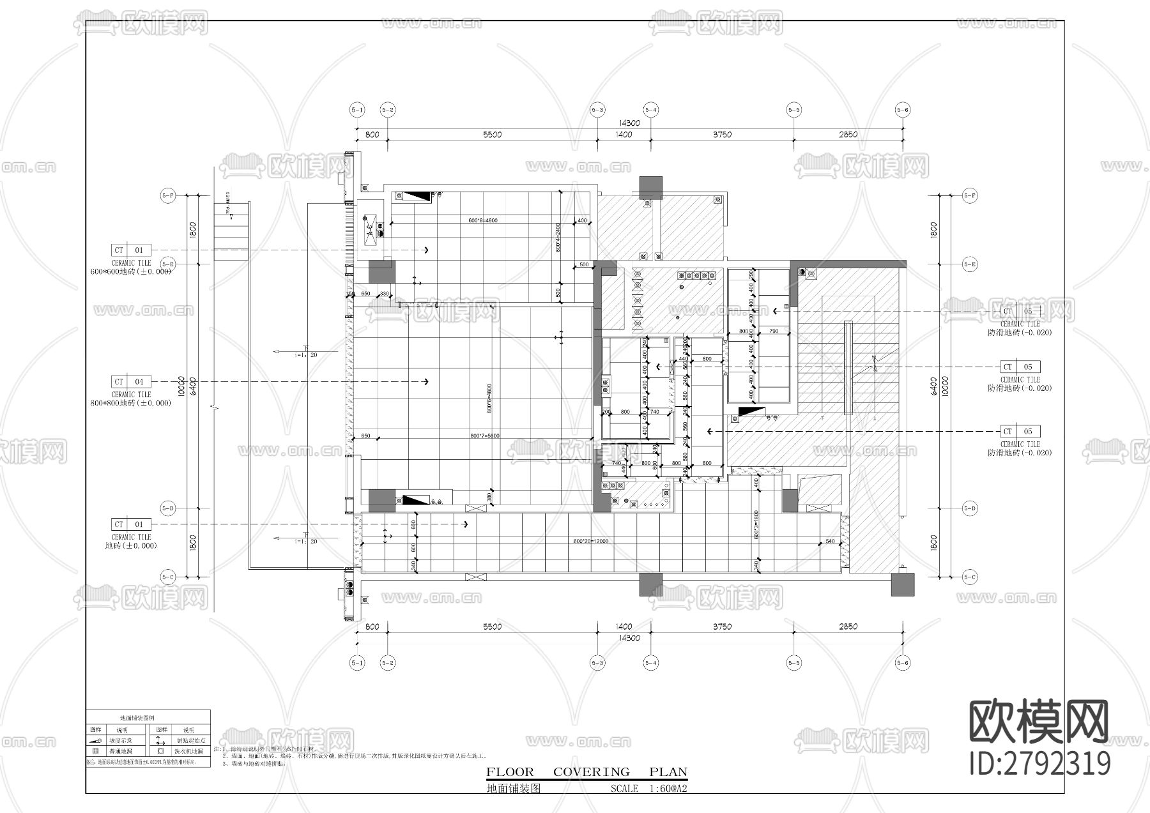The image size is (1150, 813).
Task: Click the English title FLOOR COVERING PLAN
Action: click(x=586, y=771)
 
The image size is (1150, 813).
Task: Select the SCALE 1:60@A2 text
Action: click(x=648, y=789)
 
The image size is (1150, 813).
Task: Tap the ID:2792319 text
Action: click(x=1039, y=763)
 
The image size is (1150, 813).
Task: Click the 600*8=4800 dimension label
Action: click(x=482, y=220)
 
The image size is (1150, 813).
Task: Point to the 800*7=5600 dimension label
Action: click(x=484, y=436)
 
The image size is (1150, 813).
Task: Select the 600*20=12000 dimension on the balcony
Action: click(x=590, y=541)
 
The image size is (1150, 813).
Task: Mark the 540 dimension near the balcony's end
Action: click(x=830, y=541)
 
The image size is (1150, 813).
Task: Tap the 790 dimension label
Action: click(x=774, y=331)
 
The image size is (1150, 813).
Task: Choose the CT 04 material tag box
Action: click(x=130, y=382)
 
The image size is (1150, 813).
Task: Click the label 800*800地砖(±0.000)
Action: click(x=130, y=403)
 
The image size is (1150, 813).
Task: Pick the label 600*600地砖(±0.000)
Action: click(x=130, y=271)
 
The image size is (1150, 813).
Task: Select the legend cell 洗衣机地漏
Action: click(x=188, y=752)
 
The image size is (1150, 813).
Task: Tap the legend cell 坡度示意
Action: click(x=121, y=740)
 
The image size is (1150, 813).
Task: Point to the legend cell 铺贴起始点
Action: click(x=188, y=740)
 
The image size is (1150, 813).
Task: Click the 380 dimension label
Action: click(x=489, y=496)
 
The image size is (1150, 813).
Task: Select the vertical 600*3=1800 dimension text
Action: click(x=756, y=525)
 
